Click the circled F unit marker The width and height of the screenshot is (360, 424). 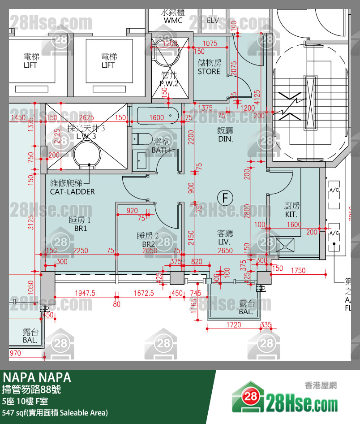(x=225, y=197)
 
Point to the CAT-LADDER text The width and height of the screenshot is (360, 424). (x=72, y=191)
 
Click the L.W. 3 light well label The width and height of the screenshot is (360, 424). (x=86, y=136)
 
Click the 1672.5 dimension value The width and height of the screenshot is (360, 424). (x=143, y=293)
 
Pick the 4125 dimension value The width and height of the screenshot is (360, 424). (x=257, y=99)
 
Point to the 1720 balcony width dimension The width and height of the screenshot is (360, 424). (x=234, y=324)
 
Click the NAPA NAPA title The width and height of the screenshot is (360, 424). (x=37, y=377)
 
